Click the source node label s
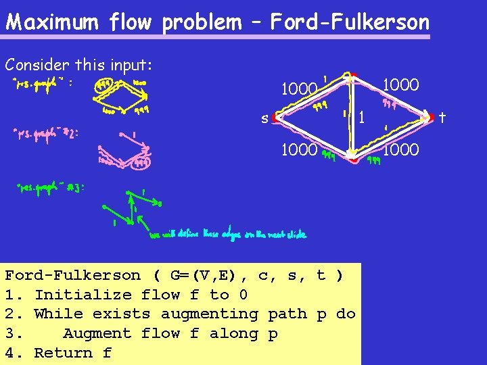(265, 119)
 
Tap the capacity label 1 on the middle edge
(363, 118)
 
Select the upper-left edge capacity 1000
(299, 89)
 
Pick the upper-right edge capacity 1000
(401, 85)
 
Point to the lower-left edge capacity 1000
(299, 149)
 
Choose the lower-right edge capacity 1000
(401, 149)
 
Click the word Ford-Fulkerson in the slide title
(350, 23)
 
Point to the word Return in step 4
(63, 353)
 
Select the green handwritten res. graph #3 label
(51, 187)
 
